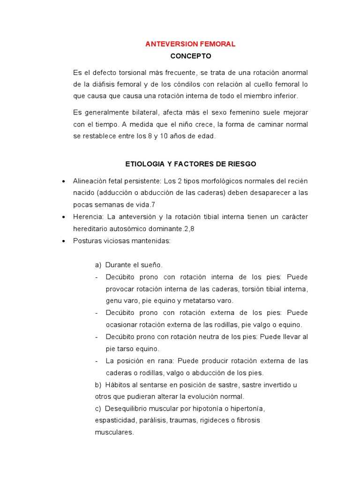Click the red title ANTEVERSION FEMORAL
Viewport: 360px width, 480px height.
tap(190, 44)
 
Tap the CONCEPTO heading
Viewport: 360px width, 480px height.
tap(191, 56)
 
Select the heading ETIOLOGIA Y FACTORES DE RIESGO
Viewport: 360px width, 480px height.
tap(191, 164)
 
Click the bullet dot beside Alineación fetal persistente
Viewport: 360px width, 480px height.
tap(63, 181)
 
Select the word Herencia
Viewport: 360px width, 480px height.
tap(88, 217)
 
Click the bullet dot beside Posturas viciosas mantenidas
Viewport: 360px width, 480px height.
tap(63, 241)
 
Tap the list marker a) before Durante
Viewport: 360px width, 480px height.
tap(98, 265)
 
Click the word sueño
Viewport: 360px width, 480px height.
tap(151, 265)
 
